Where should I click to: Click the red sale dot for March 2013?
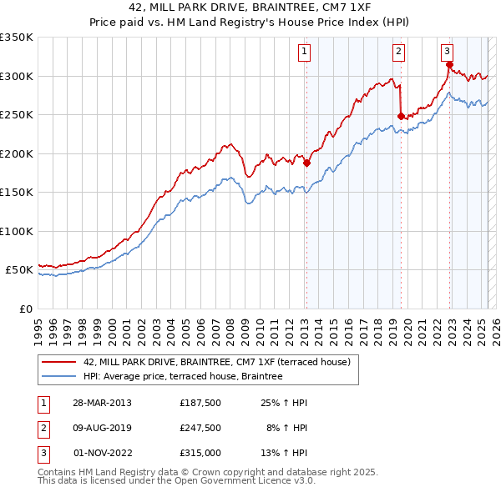[306, 163]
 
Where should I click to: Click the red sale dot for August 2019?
[401, 116]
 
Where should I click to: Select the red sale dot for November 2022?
[449, 64]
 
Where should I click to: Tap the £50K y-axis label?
[19, 270]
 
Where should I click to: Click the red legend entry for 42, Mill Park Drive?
[221, 362]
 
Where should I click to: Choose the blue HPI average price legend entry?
[183, 377]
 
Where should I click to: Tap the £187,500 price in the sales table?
[200, 403]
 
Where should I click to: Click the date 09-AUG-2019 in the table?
[103, 428]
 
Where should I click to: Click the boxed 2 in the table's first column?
[41, 428]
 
